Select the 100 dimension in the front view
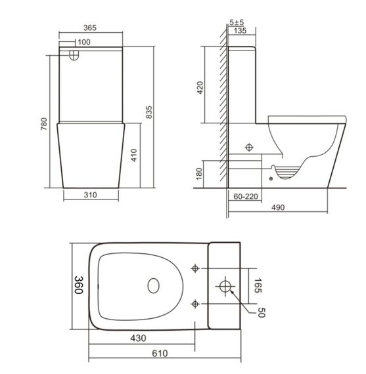click(x=83, y=43)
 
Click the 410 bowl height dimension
click(x=133, y=155)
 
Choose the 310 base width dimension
click(x=91, y=195)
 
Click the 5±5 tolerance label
click(x=237, y=22)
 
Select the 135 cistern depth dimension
click(x=240, y=30)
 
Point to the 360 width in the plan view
click(x=78, y=285)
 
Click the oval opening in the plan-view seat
click(x=153, y=286)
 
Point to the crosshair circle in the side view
click(x=250, y=147)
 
